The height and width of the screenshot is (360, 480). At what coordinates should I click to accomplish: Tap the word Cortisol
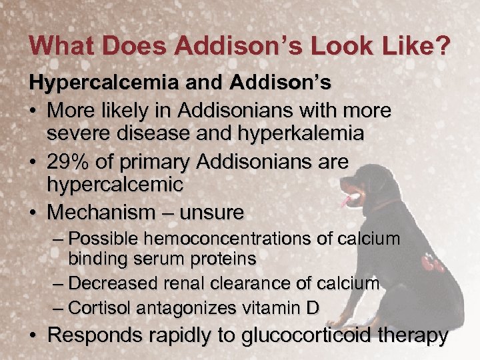pyautogui.click(x=102, y=307)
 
